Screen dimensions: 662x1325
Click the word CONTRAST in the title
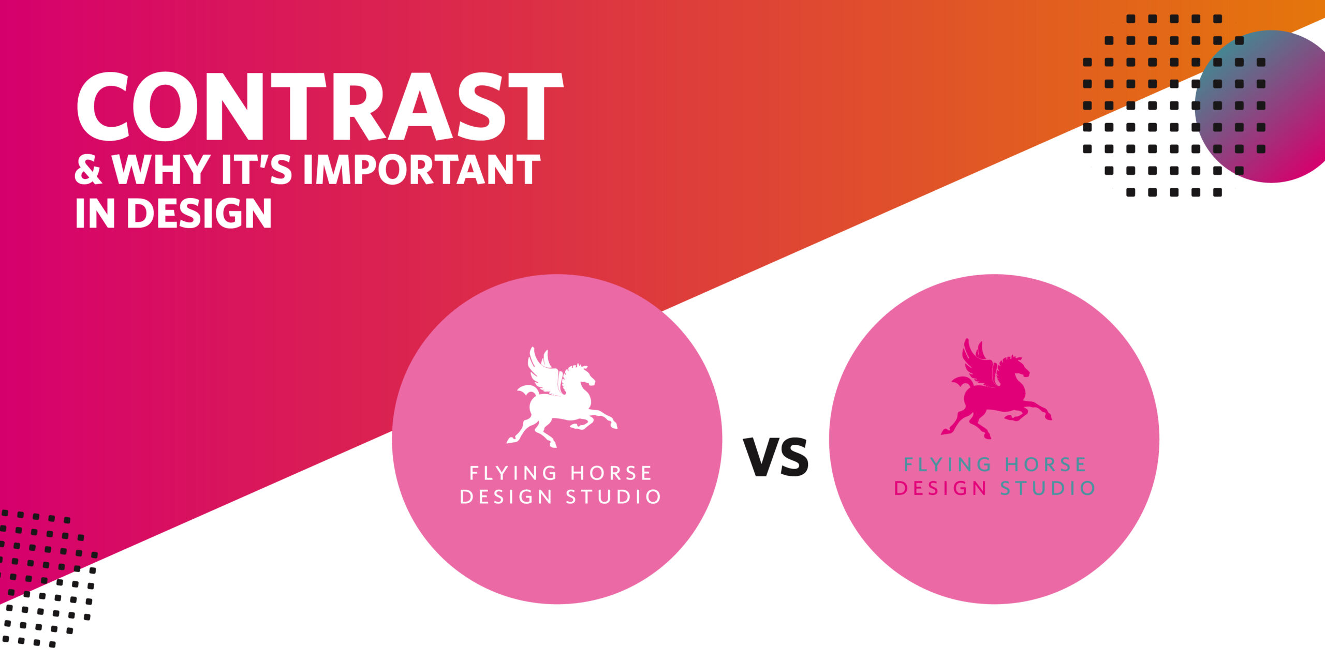click(x=319, y=107)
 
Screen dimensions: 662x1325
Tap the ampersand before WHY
click(x=89, y=170)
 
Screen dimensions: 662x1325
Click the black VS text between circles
click(x=776, y=457)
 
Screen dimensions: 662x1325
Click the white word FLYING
click(x=513, y=473)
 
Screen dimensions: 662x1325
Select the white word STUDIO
click(x=614, y=497)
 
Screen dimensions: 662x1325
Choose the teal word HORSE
click(x=1046, y=464)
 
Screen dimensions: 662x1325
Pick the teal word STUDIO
click(x=1048, y=488)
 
